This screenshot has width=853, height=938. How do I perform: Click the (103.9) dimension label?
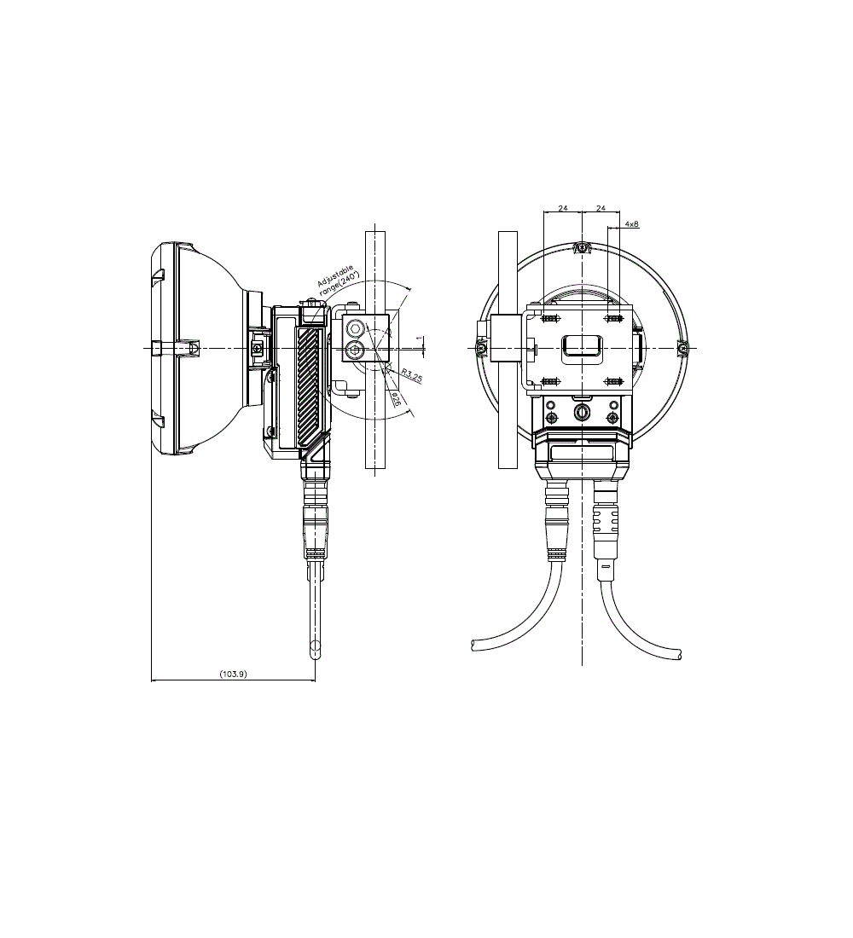(234, 674)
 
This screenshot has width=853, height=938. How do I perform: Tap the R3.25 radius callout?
(412, 376)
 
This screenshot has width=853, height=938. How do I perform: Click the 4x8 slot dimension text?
(631, 223)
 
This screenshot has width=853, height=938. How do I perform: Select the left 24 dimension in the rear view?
(563, 208)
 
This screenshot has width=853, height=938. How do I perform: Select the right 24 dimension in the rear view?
(601, 208)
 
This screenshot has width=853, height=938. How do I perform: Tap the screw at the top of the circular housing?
(582, 247)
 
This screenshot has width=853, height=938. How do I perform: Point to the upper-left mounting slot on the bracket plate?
(549, 318)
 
